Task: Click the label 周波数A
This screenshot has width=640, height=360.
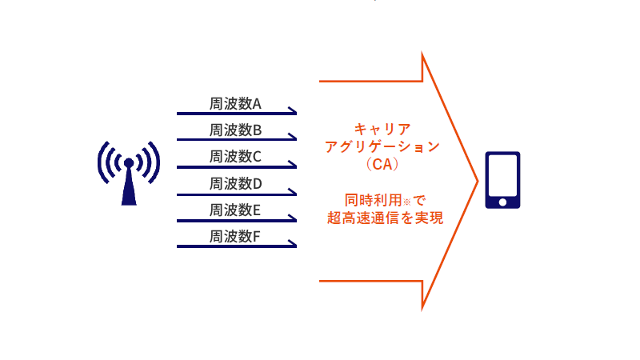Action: tap(235, 104)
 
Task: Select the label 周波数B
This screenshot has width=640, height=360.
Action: tap(235, 130)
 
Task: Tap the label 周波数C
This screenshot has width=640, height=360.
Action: tap(235, 156)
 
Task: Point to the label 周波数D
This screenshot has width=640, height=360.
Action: tap(235, 184)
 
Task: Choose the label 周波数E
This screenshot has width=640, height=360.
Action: tap(234, 210)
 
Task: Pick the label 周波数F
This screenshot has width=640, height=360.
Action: tap(234, 236)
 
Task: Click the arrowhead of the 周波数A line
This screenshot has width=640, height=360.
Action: tap(293, 110)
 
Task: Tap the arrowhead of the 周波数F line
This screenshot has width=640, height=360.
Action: tap(293, 244)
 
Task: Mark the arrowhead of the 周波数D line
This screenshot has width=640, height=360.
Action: tap(293, 191)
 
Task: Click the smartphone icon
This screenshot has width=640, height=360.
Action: tap(502, 180)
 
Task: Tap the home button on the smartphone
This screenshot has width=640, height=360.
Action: tap(502, 202)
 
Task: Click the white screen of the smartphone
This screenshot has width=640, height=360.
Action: tap(502, 175)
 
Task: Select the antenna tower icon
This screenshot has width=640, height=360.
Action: tap(129, 173)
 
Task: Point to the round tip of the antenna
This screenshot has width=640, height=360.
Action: tap(129, 163)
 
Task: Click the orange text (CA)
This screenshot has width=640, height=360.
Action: tap(382, 164)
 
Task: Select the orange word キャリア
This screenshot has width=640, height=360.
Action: tap(382, 129)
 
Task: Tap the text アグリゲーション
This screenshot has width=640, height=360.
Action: tap(382, 146)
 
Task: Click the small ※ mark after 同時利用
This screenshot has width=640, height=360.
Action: tap(407, 202)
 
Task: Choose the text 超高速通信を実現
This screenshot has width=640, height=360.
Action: tap(385, 218)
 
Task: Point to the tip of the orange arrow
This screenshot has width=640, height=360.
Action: tap(478, 182)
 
